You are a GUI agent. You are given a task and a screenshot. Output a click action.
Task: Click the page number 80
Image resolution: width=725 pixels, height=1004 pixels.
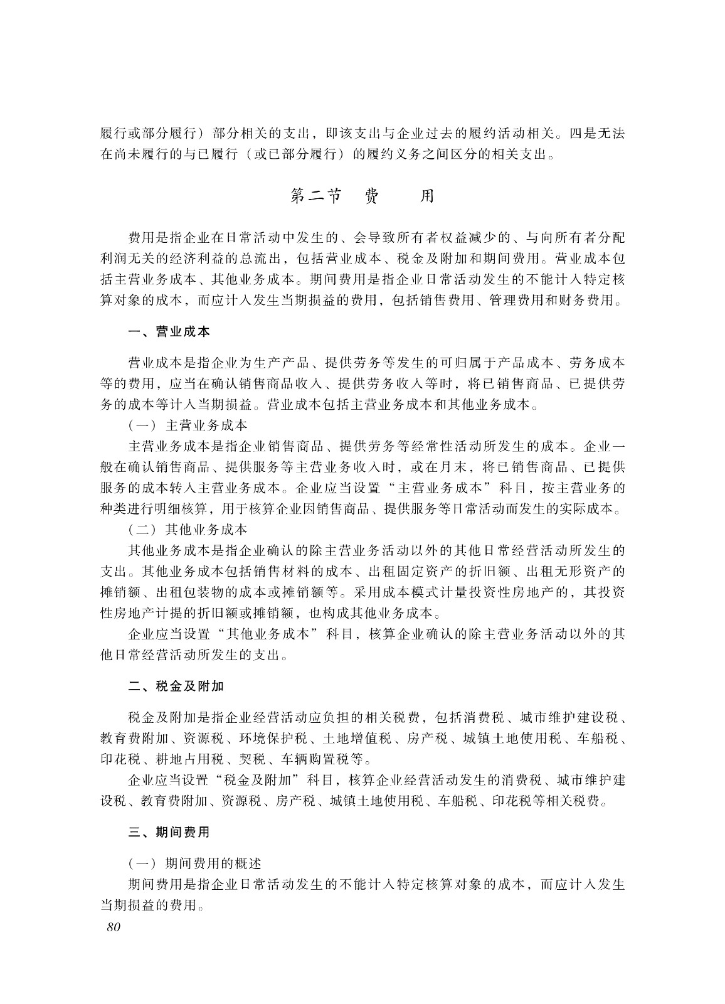coord(113,928)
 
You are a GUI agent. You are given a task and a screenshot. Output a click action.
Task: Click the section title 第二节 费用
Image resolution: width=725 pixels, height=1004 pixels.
coord(362,196)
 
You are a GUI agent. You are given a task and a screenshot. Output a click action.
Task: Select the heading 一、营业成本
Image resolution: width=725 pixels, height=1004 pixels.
coord(169,331)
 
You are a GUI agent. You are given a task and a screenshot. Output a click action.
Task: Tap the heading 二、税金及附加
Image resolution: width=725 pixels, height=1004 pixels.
coord(176,686)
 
